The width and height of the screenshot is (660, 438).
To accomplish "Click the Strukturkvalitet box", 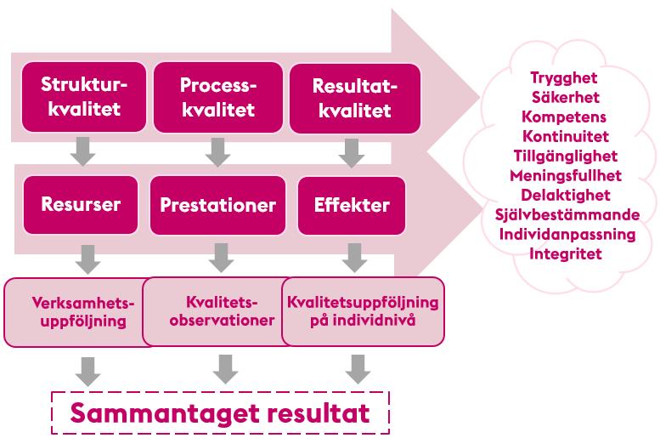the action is [x=84, y=97].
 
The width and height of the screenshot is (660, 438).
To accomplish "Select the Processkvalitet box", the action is [x=218, y=97].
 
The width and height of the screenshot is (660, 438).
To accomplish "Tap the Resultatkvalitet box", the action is [x=355, y=99].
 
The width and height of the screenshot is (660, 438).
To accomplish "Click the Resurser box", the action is [x=81, y=205].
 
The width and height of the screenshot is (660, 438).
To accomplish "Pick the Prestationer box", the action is [x=217, y=205].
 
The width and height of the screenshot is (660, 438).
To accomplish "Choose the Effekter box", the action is [x=352, y=206].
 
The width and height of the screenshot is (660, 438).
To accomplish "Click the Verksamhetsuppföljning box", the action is [x=78, y=312].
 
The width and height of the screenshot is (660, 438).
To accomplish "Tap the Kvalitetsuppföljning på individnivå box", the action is [x=363, y=311].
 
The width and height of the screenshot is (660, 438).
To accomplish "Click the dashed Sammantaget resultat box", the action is [x=220, y=412].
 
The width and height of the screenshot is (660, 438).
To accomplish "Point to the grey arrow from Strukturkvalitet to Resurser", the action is [x=83, y=151].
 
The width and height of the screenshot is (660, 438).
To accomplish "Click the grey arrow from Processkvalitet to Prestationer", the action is [x=217, y=151].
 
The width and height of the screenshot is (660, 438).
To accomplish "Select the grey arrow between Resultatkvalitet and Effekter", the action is [x=352, y=153].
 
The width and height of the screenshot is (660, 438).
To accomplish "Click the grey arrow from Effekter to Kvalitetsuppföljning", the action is [x=354, y=258].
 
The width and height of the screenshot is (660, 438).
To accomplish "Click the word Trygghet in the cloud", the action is [x=564, y=79].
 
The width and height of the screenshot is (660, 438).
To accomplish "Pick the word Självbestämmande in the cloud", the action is [x=567, y=214].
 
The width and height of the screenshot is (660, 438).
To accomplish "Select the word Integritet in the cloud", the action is [x=566, y=253].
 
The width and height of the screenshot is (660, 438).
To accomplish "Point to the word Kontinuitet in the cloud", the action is [x=566, y=136].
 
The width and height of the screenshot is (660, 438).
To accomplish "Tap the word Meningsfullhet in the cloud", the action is [x=566, y=175].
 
